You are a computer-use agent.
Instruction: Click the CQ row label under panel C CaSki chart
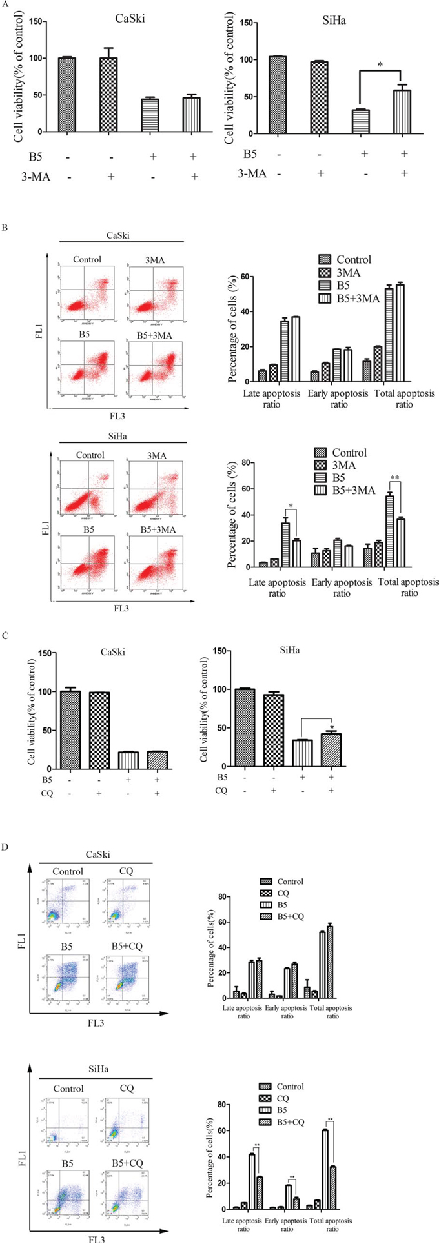40,791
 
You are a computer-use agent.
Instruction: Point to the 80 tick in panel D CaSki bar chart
227,897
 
